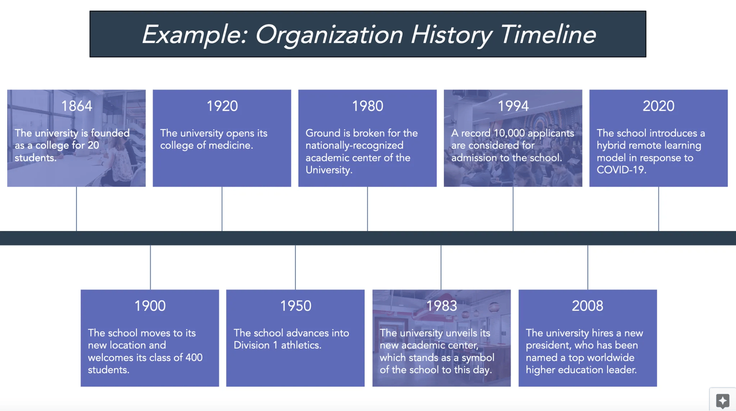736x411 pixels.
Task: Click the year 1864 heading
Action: pyautogui.click(x=77, y=106)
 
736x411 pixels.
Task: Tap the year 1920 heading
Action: pyautogui.click(x=222, y=106)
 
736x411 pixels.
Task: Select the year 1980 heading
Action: pyautogui.click(x=368, y=106)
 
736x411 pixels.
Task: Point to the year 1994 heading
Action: pyautogui.click(x=513, y=106)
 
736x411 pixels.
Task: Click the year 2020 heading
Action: pyautogui.click(x=659, y=106)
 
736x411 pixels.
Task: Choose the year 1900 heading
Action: pyautogui.click(x=150, y=306)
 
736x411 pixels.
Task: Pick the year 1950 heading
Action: pyautogui.click(x=295, y=306)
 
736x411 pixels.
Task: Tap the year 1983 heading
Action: pyautogui.click(x=442, y=306)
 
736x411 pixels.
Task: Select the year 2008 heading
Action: pyautogui.click(x=588, y=306)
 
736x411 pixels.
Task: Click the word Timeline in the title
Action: pyautogui.click(x=548, y=34)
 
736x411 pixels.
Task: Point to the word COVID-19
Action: pyautogui.click(x=622, y=170)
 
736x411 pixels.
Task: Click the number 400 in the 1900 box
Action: pyautogui.click(x=194, y=357)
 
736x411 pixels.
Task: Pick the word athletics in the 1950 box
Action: pyautogui.click(x=301, y=345)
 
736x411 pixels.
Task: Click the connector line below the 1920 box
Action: pyautogui.click(x=222, y=209)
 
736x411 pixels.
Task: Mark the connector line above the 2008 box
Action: pyautogui.click(x=588, y=267)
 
